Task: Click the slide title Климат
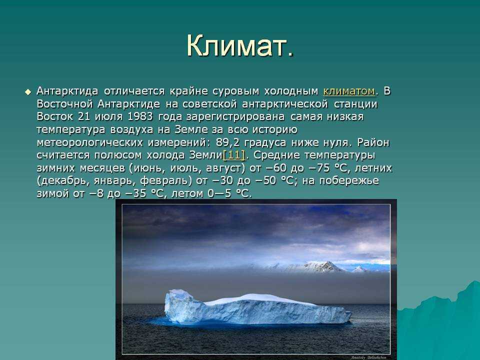[240, 46]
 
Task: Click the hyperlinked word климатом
[349, 91]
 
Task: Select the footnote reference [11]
[234, 155]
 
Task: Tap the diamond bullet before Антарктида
[28, 92]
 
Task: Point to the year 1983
[140, 116]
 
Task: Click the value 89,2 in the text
[228, 142]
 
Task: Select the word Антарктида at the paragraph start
[67, 91]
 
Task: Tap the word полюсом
[118, 155]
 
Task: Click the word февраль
[164, 180]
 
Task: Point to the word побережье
[349, 180]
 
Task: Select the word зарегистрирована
[235, 117]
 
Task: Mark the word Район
[373, 142]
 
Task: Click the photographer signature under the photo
[368, 357]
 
